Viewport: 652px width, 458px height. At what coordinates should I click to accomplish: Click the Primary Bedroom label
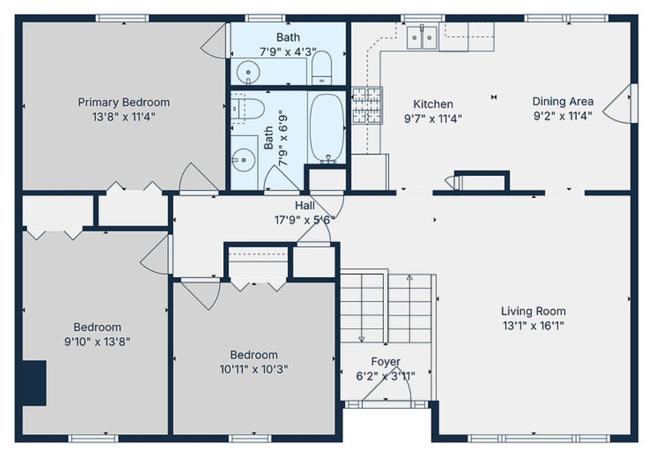pos(124,102)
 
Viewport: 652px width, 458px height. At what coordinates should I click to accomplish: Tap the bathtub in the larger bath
pos(327,127)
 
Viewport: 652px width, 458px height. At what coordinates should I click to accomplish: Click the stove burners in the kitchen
pos(367,106)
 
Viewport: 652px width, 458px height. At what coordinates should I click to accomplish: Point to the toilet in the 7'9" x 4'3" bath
pos(321,68)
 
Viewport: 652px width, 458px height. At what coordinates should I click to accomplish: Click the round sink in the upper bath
pos(248,71)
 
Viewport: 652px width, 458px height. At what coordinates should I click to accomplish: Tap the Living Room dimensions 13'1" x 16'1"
pos(533,325)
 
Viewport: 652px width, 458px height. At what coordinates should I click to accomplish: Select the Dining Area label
pos(562,101)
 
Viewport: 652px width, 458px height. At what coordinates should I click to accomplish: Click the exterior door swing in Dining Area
pos(617,104)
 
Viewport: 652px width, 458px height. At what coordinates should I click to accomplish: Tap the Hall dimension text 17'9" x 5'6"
pos(304,220)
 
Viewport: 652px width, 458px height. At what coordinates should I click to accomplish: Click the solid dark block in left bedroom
pos(34,383)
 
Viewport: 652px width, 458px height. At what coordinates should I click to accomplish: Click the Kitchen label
pos(432,104)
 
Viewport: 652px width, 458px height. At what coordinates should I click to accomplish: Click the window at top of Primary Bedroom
pos(123,18)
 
